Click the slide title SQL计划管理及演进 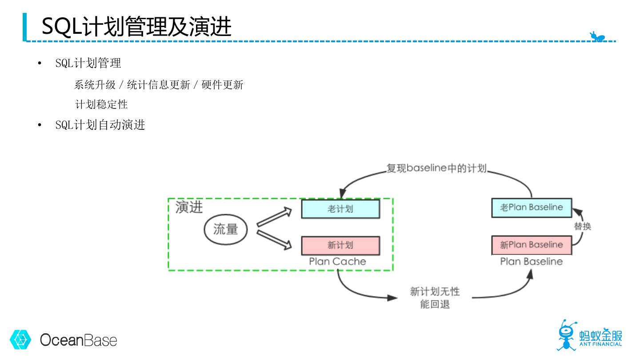click(x=136, y=26)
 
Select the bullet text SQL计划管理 click(x=88, y=63)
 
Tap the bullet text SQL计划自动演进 click(x=100, y=125)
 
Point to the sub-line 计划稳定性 click(x=101, y=104)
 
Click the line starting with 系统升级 click(x=159, y=84)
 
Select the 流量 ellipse click(x=226, y=229)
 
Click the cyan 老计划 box click(x=340, y=209)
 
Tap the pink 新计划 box click(x=340, y=245)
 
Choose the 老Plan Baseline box click(x=531, y=208)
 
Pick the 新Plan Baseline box click(x=531, y=245)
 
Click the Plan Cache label click(x=338, y=262)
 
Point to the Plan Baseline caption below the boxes click(x=531, y=262)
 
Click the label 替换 click(x=582, y=226)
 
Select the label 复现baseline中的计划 click(x=436, y=168)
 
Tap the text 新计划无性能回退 click(x=435, y=298)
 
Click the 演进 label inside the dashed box click(x=189, y=207)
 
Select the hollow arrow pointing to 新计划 click(x=274, y=239)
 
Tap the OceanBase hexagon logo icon click(x=20, y=340)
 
